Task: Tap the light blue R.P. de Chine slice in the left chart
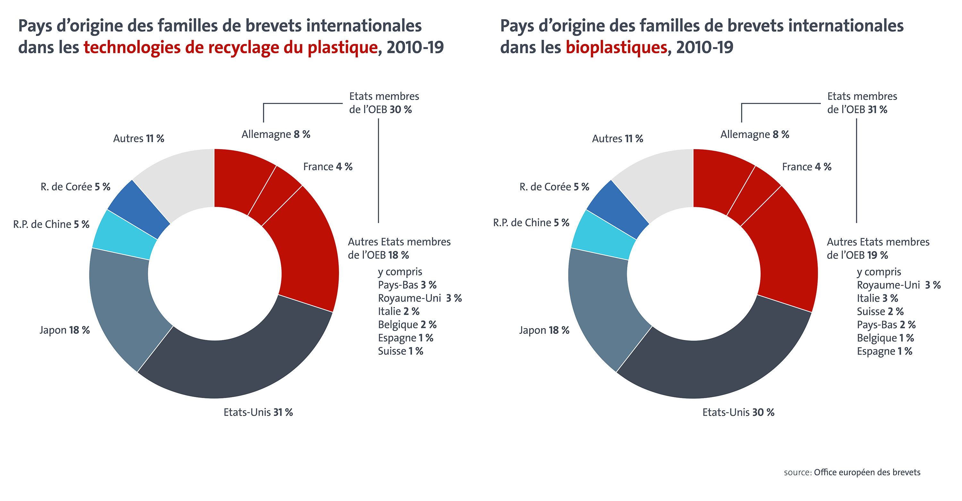[x=123, y=235]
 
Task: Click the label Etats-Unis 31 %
[x=258, y=412]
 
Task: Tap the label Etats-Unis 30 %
[x=738, y=412]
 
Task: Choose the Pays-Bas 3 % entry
[x=407, y=285]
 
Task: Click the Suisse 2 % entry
[x=880, y=311]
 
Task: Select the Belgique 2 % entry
[x=407, y=324]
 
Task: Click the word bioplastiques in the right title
[x=616, y=47]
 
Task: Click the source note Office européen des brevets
[x=866, y=472]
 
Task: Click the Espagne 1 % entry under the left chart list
[x=406, y=338]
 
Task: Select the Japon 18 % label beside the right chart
[x=544, y=330]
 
